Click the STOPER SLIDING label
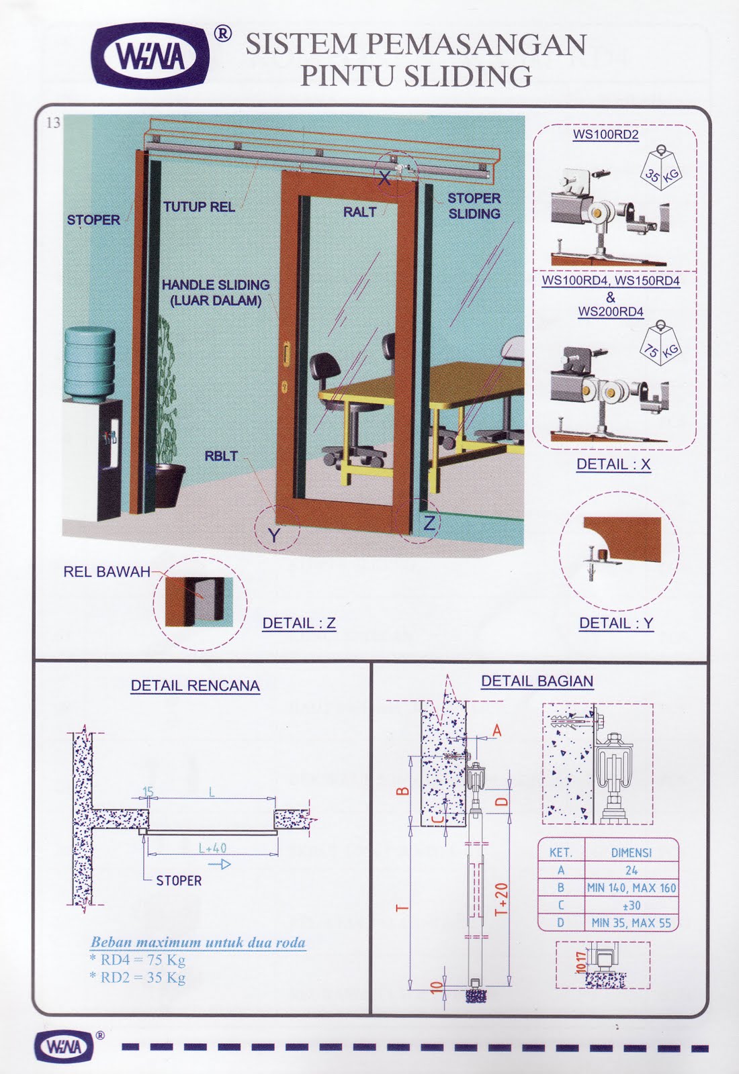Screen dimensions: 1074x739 tap(474, 206)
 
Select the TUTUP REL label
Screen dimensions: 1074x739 tap(199, 207)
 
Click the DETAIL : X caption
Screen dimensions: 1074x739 tap(613, 465)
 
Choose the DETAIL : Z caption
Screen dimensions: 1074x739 tap(298, 624)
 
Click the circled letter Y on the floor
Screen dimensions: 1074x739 tap(274, 534)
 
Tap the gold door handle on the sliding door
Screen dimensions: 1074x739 tap(287, 352)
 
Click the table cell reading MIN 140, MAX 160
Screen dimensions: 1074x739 tap(631, 887)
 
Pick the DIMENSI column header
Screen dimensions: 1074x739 tap(631, 852)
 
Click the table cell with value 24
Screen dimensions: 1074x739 tap(631, 870)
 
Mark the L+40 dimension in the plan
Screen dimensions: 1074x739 tap(212, 848)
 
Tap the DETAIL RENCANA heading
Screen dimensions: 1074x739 tap(195, 686)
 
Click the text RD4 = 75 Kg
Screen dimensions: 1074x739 tap(138, 960)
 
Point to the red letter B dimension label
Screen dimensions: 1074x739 tap(402, 790)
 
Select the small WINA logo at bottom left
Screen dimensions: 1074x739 tap(65, 1046)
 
